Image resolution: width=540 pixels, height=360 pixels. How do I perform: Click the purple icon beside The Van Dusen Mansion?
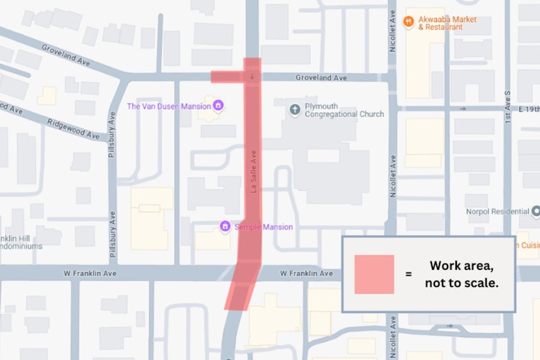point(218,107)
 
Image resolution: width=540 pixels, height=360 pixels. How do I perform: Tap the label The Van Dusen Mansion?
point(168,107)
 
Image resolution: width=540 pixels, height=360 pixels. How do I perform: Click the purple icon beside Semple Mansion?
point(225,227)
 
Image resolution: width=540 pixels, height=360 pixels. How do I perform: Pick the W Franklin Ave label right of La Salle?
point(306,273)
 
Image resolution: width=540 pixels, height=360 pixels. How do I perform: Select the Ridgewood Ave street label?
point(74,124)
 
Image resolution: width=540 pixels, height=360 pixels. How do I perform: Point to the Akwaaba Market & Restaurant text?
point(448,23)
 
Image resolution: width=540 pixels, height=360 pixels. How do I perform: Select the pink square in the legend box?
point(374,274)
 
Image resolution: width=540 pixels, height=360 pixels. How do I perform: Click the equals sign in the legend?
point(408,274)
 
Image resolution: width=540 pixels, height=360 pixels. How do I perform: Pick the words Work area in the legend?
point(462,266)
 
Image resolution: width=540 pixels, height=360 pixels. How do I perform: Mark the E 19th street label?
point(529,109)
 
